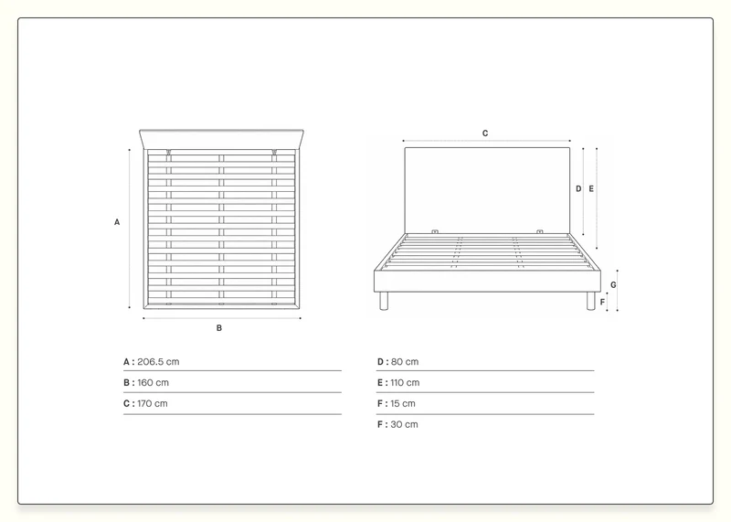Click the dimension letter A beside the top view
[117, 222]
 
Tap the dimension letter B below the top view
[219, 328]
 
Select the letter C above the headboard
[485, 133]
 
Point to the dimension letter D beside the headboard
[578, 189]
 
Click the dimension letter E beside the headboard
[591, 189]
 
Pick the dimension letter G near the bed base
[613, 285]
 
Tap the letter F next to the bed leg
[602, 303]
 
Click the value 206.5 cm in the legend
[158, 361]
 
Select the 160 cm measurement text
[153, 382]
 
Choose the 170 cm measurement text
[152, 403]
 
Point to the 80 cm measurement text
[405, 361]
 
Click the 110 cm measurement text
[405, 382]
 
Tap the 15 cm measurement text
[403, 403]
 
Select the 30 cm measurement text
[404, 424]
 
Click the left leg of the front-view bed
[384, 301]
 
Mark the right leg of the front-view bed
[590, 301]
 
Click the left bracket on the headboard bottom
[435, 231]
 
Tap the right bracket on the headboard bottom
[540, 231]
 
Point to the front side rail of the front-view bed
[487, 282]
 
